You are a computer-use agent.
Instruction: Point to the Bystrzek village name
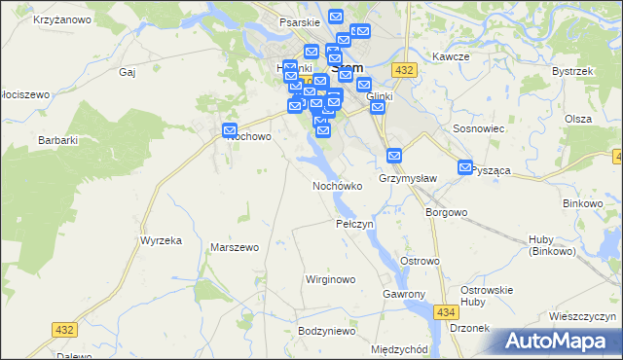tap(571, 71)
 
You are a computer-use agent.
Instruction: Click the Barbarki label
tap(57, 140)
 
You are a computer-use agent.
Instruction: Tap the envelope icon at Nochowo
tap(231, 130)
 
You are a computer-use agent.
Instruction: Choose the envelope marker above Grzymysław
tap(394, 156)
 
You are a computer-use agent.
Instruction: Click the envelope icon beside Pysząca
tap(465, 167)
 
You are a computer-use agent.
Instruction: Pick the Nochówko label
tap(337, 185)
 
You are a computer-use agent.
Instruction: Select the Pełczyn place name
tap(354, 224)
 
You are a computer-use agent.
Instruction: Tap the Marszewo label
tap(235, 247)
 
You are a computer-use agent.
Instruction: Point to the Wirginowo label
tap(330, 279)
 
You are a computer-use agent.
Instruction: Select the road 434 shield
tap(446, 311)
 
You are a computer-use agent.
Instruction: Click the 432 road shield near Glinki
tap(406, 70)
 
